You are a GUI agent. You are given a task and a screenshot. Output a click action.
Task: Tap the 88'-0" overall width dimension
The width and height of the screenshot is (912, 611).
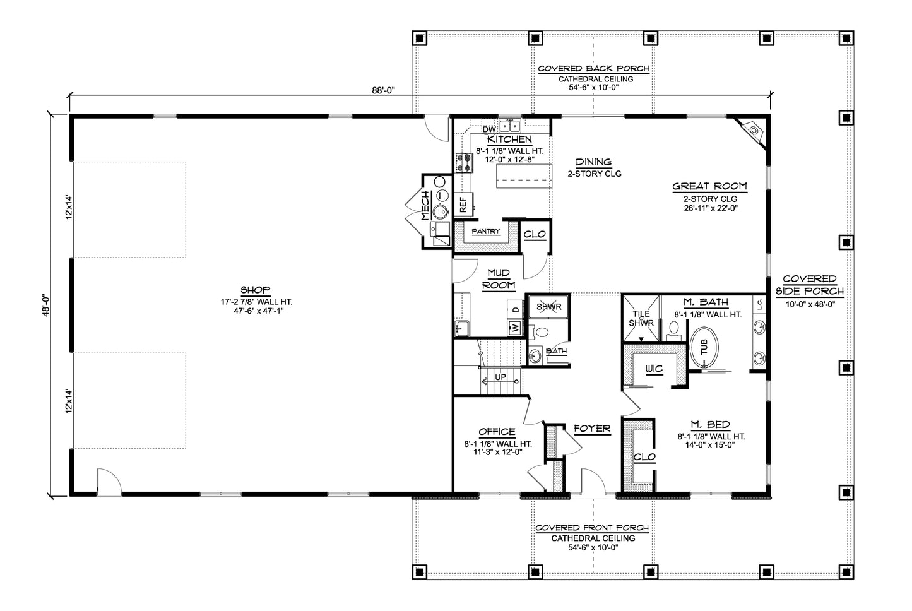click(382, 90)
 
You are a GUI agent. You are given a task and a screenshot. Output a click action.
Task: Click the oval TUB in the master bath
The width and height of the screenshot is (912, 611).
click(703, 347)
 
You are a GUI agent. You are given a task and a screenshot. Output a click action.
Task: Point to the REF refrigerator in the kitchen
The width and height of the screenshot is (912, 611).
click(463, 205)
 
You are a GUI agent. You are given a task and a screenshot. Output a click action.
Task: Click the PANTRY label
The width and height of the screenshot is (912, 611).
click(486, 232)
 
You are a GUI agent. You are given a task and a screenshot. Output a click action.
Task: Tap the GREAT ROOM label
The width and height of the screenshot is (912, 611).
click(709, 186)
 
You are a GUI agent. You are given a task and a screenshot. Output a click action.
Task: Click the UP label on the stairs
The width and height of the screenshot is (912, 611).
click(500, 377)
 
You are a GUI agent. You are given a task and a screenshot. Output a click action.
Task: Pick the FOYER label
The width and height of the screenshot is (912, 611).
click(592, 429)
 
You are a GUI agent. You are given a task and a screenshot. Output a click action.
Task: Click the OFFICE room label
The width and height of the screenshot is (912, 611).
click(497, 432)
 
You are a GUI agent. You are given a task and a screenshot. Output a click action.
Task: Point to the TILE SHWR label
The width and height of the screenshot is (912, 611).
click(642, 318)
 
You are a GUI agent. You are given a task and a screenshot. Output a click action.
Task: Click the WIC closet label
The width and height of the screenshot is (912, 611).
click(653, 368)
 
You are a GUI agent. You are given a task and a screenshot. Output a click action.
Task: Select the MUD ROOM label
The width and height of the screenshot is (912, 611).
click(499, 278)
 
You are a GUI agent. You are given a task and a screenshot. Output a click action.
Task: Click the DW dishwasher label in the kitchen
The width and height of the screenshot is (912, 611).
click(489, 129)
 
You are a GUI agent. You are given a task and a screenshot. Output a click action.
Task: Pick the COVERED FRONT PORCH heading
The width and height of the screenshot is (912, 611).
click(591, 528)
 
